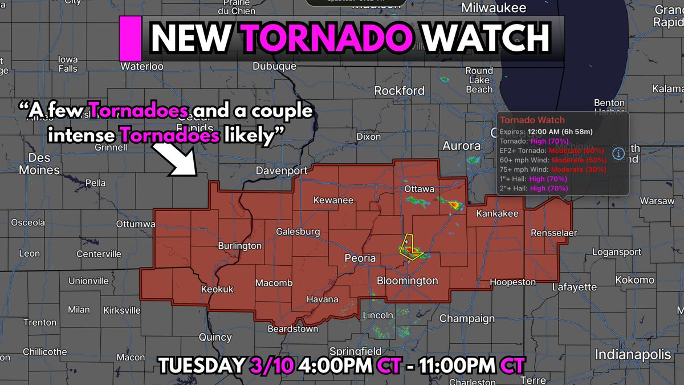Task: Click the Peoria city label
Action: coord(360,258)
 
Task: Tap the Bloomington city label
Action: coord(407,281)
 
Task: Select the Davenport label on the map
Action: coord(282,171)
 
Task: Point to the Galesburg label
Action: coord(298,232)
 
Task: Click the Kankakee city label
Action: coord(498,213)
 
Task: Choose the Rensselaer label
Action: coord(553,233)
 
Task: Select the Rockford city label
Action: coord(399,90)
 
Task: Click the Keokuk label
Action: coord(218,290)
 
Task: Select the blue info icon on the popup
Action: coord(617,153)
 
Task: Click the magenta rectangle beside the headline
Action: coord(132,38)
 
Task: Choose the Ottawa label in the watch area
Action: coord(420,189)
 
